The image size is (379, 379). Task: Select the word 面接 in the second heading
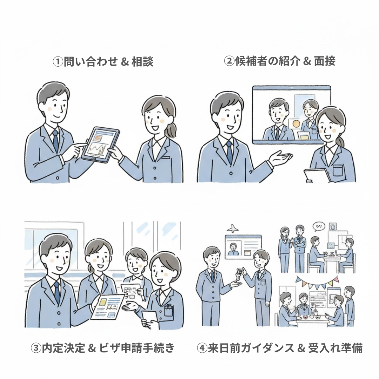(325, 61)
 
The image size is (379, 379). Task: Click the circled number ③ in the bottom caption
(36, 348)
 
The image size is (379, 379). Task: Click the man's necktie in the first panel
(55, 140)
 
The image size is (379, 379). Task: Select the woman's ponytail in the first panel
(172, 129)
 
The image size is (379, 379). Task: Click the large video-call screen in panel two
(291, 114)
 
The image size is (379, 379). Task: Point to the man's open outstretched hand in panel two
(281, 156)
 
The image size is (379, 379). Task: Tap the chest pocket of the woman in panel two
(337, 170)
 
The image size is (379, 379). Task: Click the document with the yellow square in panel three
(107, 305)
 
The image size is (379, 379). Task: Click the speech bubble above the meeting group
(319, 226)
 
